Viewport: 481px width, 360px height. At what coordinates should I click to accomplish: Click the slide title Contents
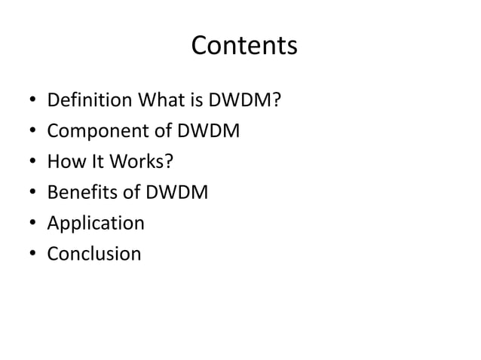click(244, 47)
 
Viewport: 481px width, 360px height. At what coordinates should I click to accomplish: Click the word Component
click(91, 131)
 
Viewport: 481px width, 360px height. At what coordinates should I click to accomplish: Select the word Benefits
click(81, 193)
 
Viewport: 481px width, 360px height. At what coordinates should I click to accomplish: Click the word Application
click(95, 224)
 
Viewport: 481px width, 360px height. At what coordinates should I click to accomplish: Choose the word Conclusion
click(93, 254)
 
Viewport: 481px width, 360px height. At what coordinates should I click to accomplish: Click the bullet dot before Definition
click(28, 101)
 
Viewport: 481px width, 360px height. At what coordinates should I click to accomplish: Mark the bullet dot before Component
click(28, 132)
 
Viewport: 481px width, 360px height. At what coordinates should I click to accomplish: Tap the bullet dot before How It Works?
click(28, 163)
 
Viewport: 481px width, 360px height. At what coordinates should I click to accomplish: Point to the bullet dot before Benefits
click(28, 194)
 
